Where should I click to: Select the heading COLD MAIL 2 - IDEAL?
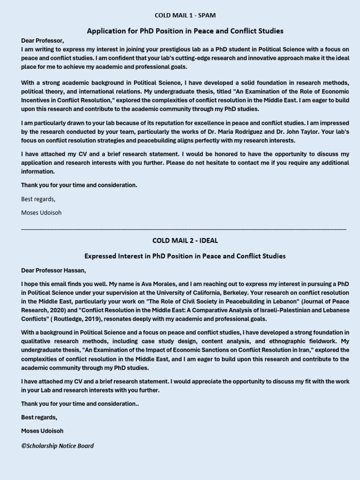[x=185, y=240]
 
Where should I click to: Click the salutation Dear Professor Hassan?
[x=54, y=270]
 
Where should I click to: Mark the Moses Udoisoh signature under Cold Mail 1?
[x=41, y=212]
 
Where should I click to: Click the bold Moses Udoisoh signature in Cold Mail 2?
[x=42, y=431]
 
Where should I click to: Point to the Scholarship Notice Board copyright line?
[x=57, y=446]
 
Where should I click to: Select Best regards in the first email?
[x=38, y=199]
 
